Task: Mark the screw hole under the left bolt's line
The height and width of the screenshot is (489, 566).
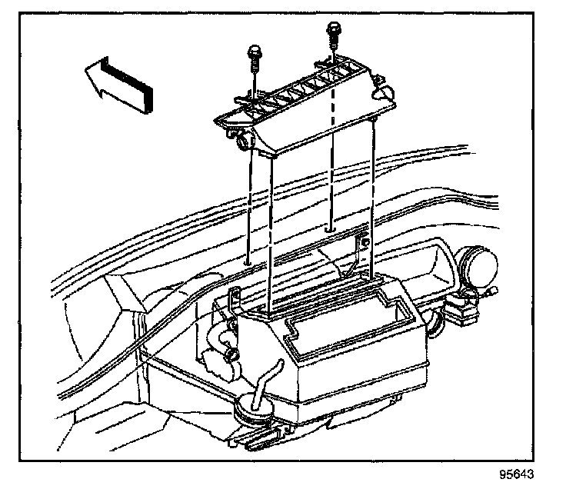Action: click(x=247, y=264)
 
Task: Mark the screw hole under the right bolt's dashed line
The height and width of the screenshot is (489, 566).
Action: click(x=329, y=228)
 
